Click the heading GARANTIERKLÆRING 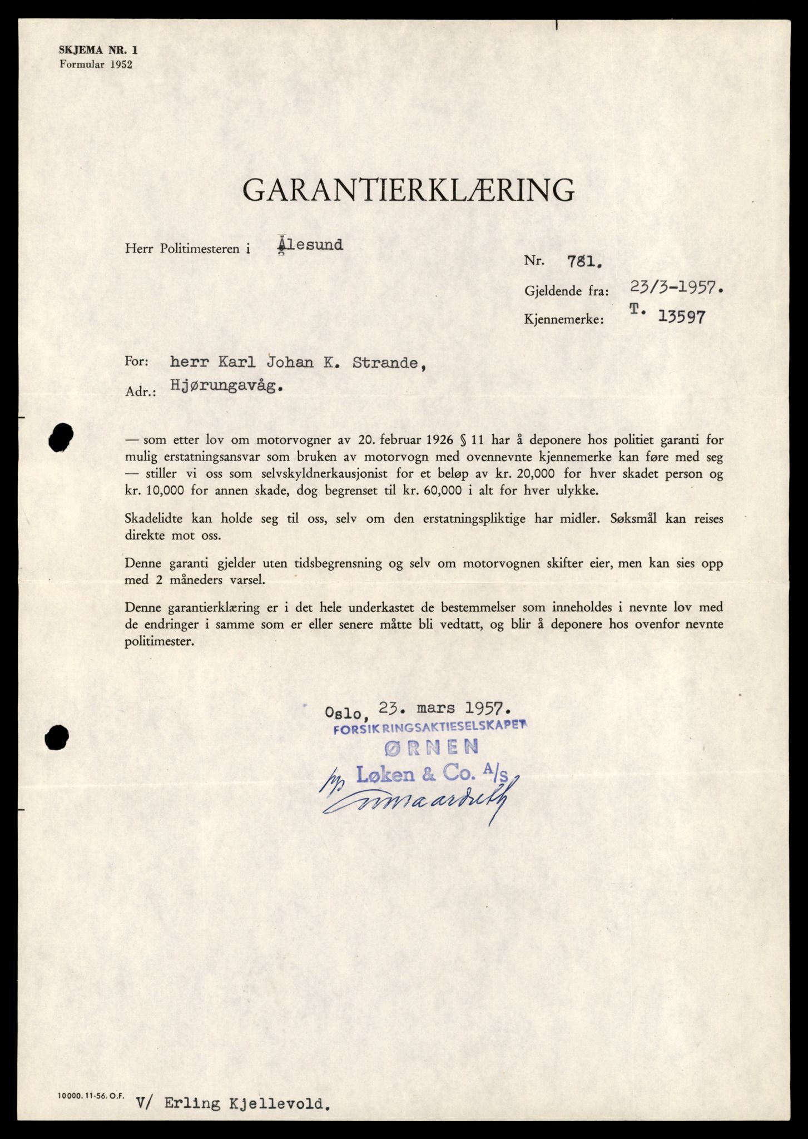pyautogui.click(x=409, y=190)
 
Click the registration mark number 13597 pyautogui.click(x=682, y=318)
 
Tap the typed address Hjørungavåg pyautogui.click(x=225, y=388)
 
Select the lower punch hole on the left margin pyautogui.click(x=57, y=738)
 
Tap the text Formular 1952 pyautogui.click(x=96, y=65)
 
